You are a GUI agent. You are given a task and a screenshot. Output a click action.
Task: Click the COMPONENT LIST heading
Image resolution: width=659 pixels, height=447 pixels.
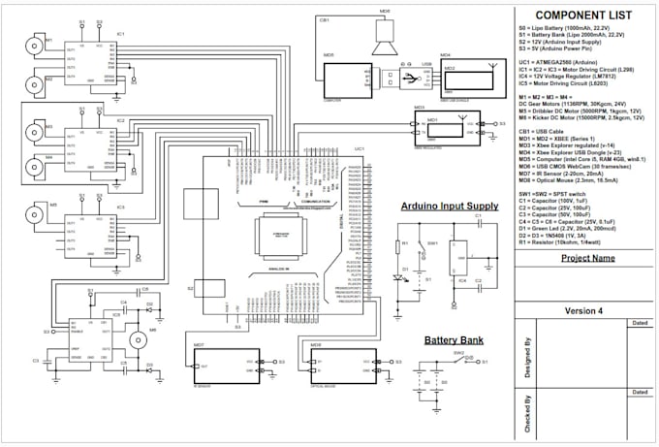(576, 16)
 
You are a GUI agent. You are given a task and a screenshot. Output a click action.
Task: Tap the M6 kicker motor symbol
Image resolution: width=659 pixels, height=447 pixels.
(137, 340)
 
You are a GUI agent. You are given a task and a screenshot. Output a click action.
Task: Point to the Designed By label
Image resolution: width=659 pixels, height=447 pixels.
(527, 354)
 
